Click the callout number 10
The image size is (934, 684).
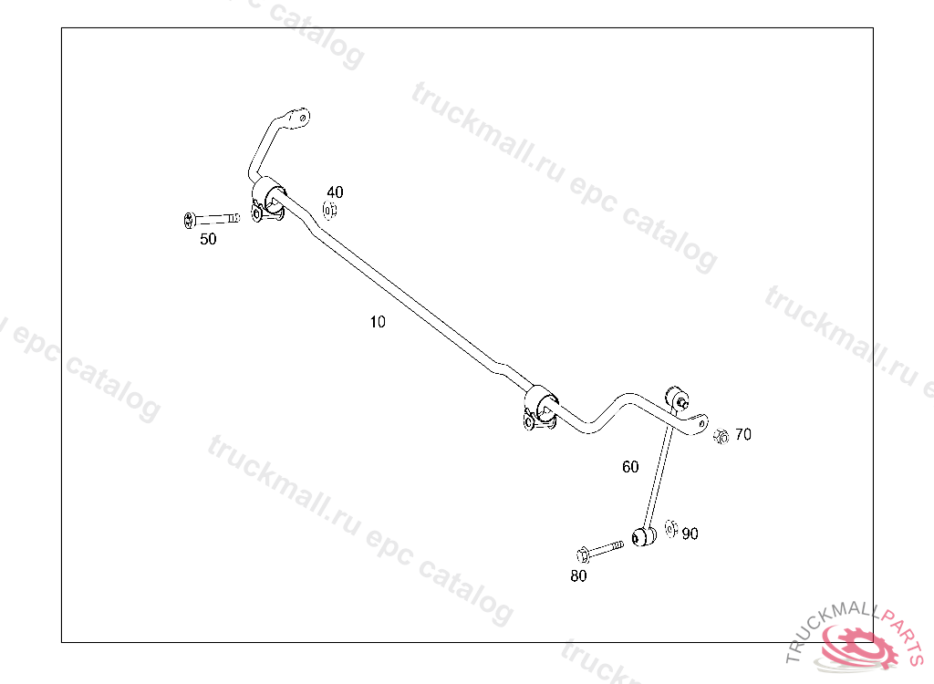(378, 322)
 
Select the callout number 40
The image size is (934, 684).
(336, 192)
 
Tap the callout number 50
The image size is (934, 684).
(209, 240)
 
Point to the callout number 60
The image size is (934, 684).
(630, 467)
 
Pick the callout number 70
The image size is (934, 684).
(743, 435)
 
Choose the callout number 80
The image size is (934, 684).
(578, 575)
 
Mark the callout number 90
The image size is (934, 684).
(690, 534)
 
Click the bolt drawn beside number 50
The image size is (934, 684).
(211, 219)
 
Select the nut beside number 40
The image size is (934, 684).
(330, 211)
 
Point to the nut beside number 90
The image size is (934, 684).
(671, 528)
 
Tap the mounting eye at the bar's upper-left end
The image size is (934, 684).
(298, 117)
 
